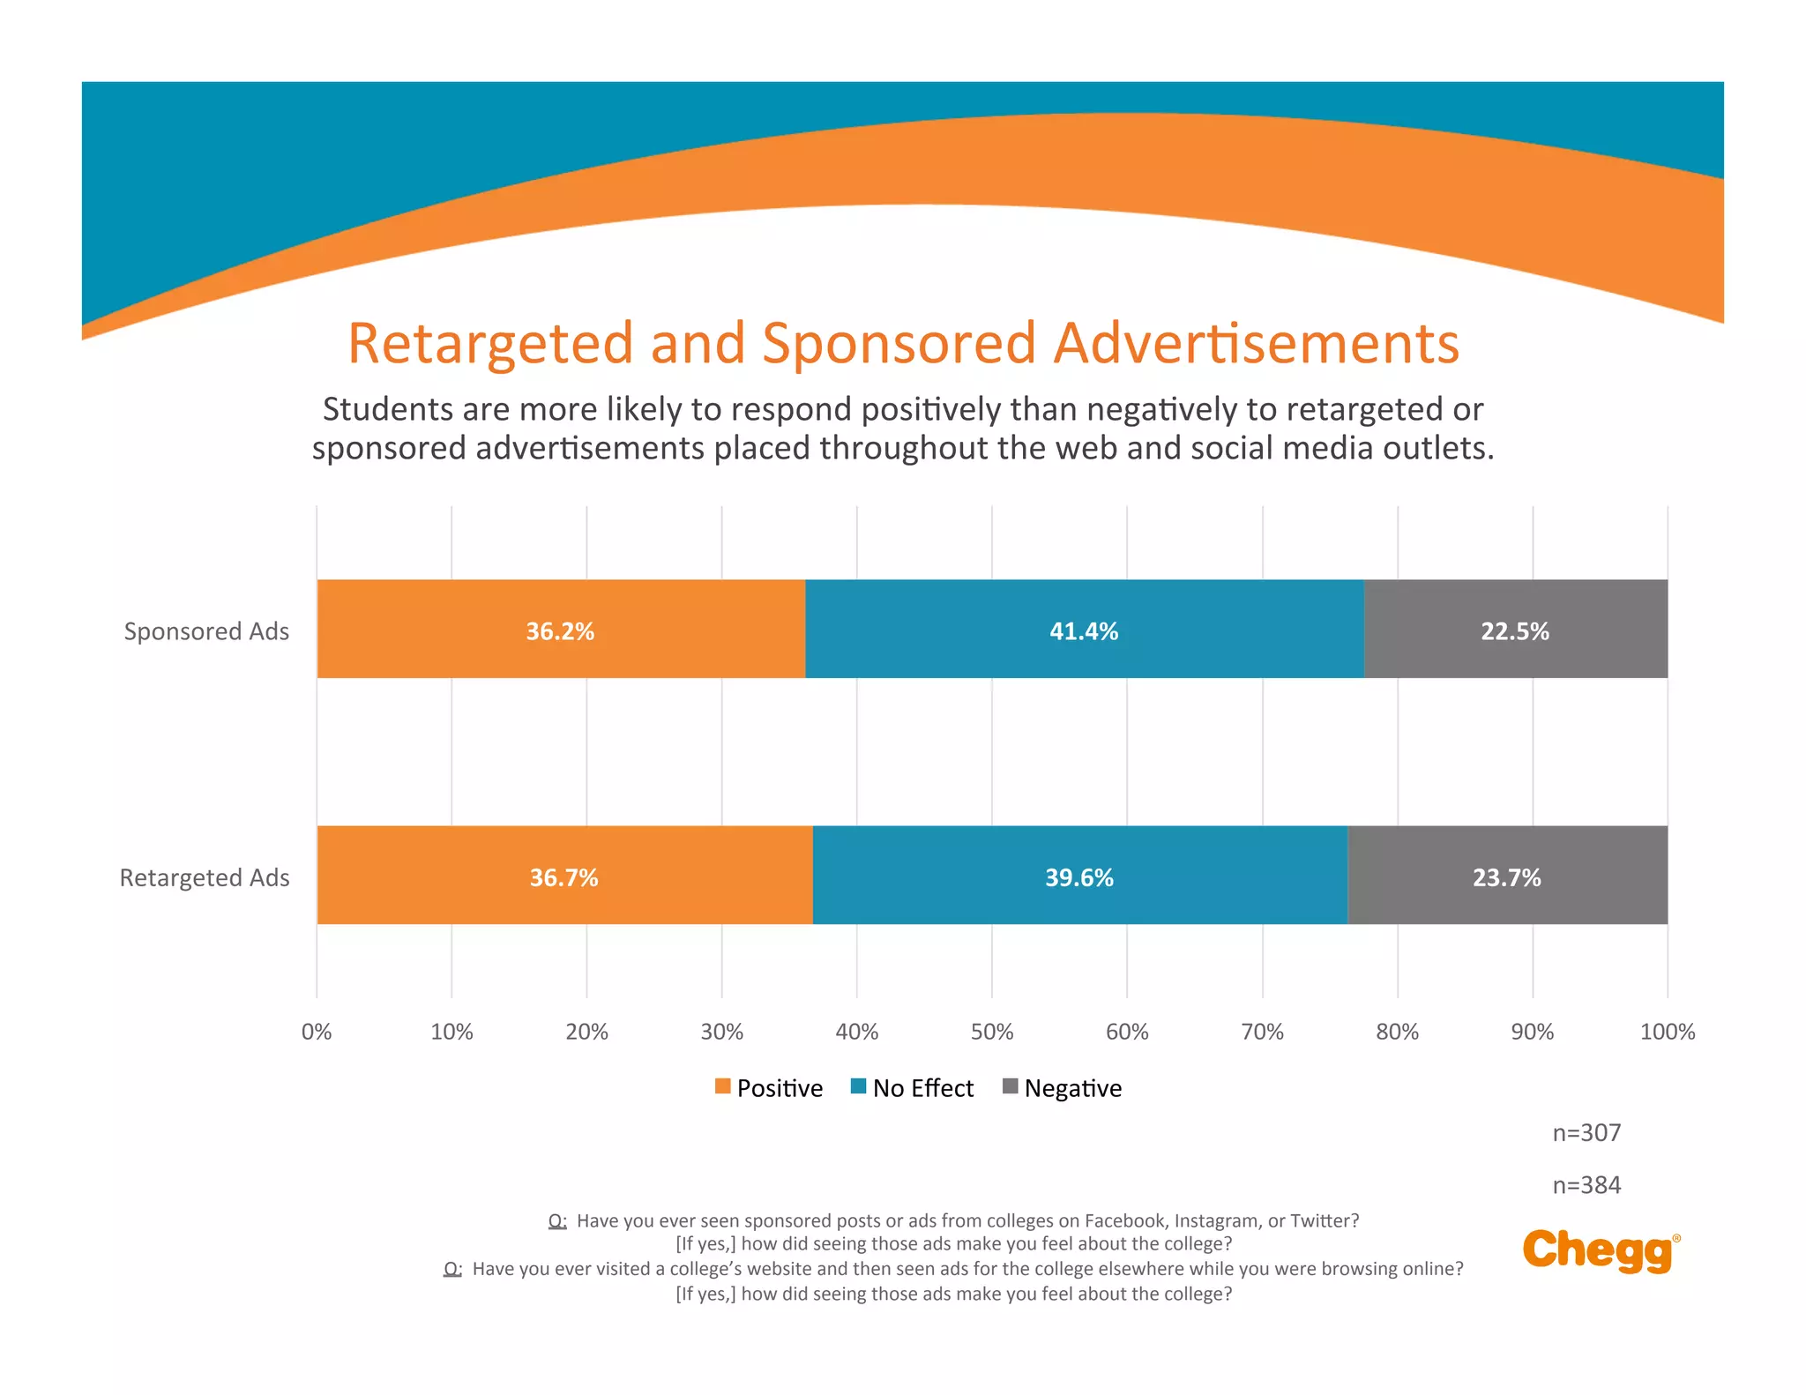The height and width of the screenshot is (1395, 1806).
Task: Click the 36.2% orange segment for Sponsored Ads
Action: pos(561,629)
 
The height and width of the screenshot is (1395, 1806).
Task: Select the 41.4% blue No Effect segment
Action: pos(1084,629)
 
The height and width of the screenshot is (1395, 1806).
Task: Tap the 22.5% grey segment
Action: pos(1515,629)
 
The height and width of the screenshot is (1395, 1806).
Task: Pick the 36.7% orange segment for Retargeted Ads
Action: pos(564,875)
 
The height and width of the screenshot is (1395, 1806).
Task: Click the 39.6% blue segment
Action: pos(1079,875)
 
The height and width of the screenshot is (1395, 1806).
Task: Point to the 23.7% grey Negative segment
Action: pos(1507,875)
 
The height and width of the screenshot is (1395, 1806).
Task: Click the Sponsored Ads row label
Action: pos(206,631)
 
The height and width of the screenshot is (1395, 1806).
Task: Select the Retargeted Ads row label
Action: pos(205,877)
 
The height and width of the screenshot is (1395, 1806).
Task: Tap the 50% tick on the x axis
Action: pos(992,1032)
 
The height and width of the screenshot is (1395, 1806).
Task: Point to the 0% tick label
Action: pos(317,1032)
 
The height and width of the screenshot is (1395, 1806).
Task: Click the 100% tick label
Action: pos(1667,1032)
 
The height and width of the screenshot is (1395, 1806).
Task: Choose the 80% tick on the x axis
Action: pos(1397,1032)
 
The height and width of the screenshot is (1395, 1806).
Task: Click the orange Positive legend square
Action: pos(723,1086)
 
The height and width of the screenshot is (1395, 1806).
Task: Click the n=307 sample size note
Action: pos(1586,1132)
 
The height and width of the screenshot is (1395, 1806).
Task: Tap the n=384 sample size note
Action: pos(1586,1185)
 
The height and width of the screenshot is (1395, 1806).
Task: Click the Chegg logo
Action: pos(1600,1250)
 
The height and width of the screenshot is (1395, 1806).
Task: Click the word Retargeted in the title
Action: pos(490,343)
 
